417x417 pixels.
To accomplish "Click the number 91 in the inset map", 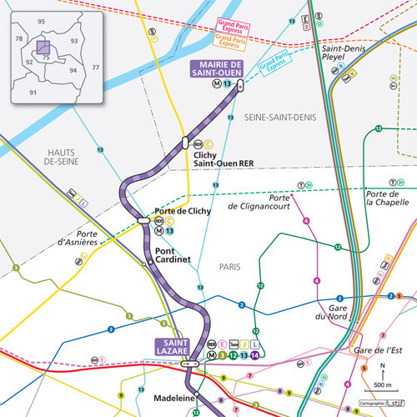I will pyautogui.click(x=33, y=93).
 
